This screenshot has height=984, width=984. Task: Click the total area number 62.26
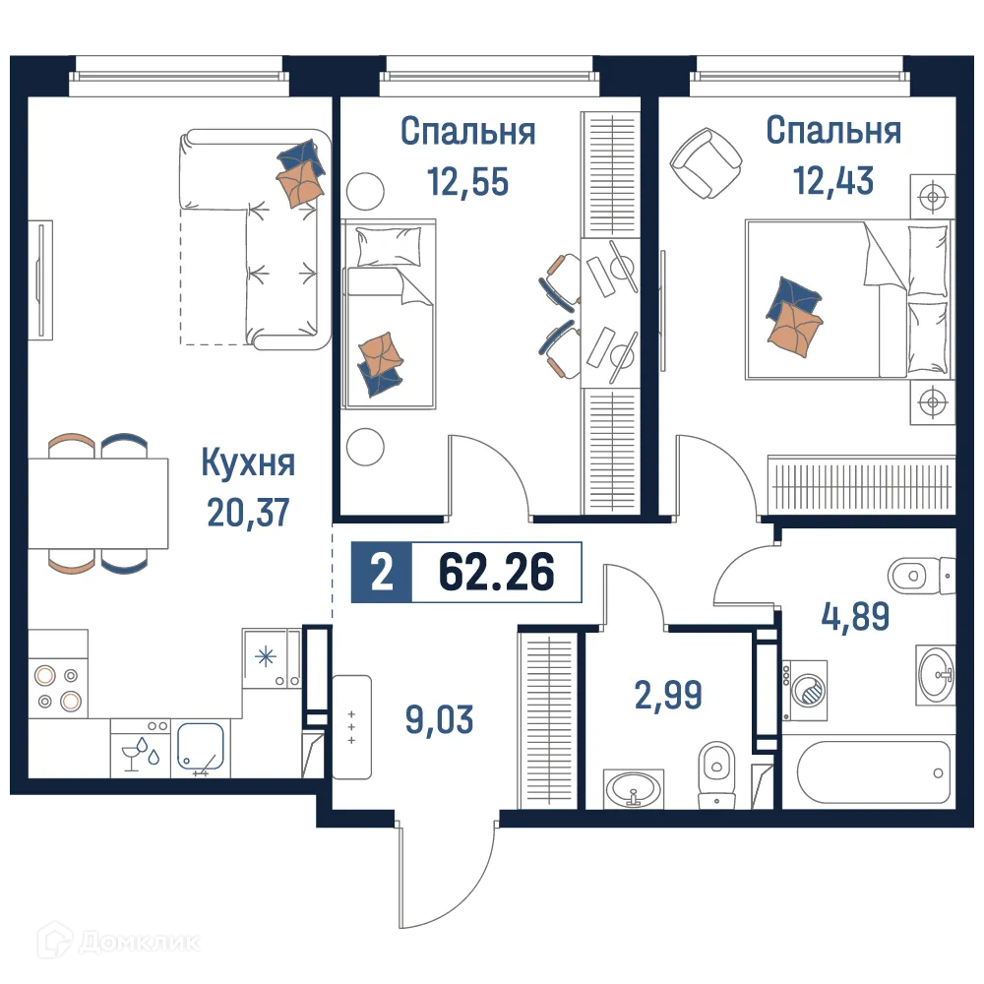click(496, 572)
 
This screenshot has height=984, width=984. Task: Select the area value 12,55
click(467, 180)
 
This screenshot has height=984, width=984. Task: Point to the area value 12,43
click(833, 180)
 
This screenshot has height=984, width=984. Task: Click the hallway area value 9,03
click(439, 719)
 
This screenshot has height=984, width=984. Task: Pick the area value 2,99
click(668, 695)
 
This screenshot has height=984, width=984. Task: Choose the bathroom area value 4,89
click(856, 617)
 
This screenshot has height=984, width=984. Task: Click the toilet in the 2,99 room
click(715, 774)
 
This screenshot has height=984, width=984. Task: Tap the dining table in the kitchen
click(98, 503)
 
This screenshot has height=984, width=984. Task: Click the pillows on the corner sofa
click(300, 173)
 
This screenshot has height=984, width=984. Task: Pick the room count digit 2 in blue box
click(380, 572)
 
